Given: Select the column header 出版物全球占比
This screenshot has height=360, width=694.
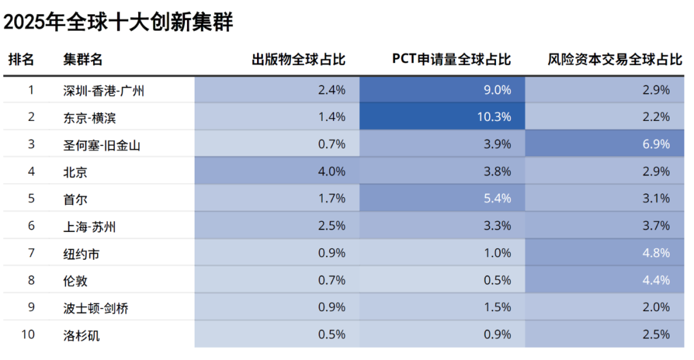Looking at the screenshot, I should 298,60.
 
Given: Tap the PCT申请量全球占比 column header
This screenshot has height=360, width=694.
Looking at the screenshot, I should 451,60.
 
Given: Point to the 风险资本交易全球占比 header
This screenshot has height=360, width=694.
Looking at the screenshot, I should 615,60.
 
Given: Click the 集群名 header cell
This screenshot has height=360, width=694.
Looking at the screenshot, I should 83,60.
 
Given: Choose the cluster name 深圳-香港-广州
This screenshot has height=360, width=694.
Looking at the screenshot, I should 103,91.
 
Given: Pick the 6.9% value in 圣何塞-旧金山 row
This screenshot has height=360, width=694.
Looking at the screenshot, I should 656,145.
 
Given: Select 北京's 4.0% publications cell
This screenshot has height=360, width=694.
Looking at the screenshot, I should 332,172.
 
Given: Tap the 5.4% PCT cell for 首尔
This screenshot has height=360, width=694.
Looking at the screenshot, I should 497,199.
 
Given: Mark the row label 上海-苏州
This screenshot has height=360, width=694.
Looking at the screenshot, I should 89,226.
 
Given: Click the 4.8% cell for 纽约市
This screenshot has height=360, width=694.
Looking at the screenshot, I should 656,253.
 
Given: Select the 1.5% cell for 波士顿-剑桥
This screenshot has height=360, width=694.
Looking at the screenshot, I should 497,308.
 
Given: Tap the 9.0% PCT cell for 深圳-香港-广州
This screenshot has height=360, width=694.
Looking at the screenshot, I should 497,90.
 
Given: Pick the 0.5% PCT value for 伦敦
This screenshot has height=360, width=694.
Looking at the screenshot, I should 497,281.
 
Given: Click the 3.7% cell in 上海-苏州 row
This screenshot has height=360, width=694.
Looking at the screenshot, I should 656,226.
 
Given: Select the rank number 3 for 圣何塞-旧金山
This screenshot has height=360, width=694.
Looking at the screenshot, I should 31,145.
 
